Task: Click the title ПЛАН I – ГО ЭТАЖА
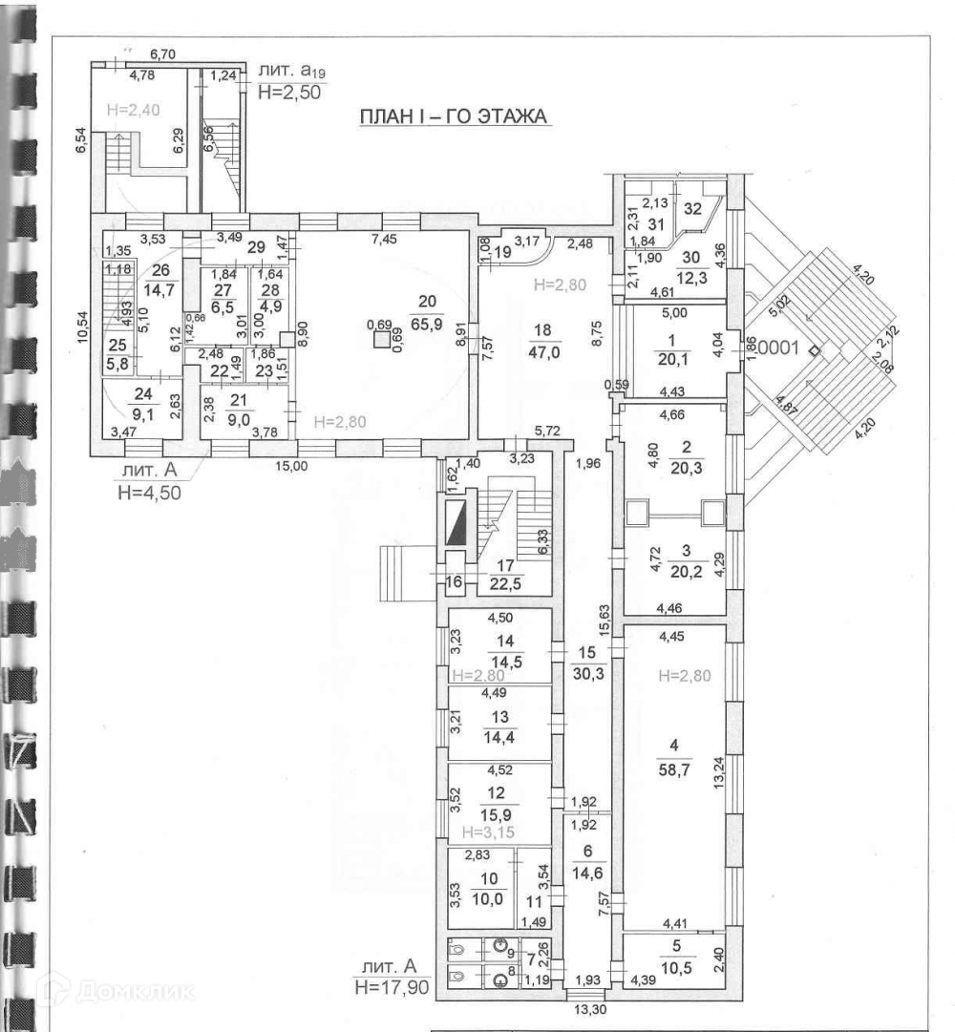click(452, 117)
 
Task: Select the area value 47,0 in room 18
click(543, 350)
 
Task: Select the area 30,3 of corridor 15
click(586, 671)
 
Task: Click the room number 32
click(693, 207)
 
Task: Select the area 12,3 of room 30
click(690, 276)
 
